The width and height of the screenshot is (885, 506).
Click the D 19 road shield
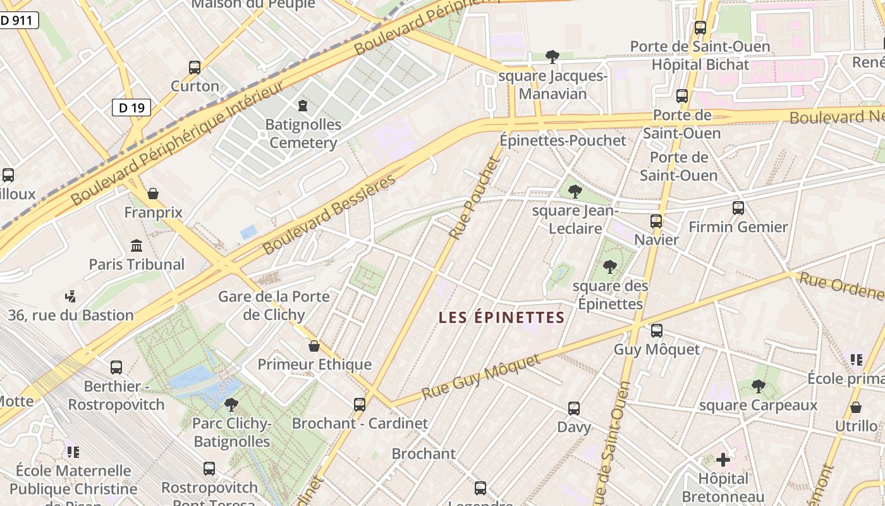click(131, 108)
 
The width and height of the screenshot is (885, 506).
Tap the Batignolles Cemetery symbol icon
click(303, 105)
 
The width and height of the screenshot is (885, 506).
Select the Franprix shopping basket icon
click(152, 194)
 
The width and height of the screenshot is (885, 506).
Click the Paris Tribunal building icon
click(137, 245)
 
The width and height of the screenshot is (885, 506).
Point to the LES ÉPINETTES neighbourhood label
click(501, 318)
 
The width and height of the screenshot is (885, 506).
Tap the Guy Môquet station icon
click(657, 330)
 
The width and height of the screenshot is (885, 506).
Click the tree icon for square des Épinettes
click(610, 267)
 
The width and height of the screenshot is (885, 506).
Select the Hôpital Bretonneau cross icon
click(723, 460)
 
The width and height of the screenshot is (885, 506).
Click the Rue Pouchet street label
click(475, 198)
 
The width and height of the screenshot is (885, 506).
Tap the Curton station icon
click(195, 67)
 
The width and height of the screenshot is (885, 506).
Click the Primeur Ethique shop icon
click(314, 346)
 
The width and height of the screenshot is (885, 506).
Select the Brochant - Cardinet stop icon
click(360, 404)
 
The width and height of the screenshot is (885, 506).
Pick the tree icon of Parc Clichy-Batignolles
click(231, 404)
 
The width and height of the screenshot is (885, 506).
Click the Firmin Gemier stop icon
click(738, 207)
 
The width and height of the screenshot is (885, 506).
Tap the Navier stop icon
click(656, 221)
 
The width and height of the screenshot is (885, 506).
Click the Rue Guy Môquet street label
click(481, 377)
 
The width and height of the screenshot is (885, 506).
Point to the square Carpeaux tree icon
click(759, 386)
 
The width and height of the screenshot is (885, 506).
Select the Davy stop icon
click(574, 408)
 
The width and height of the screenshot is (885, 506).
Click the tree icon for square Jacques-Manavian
click(552, 57)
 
